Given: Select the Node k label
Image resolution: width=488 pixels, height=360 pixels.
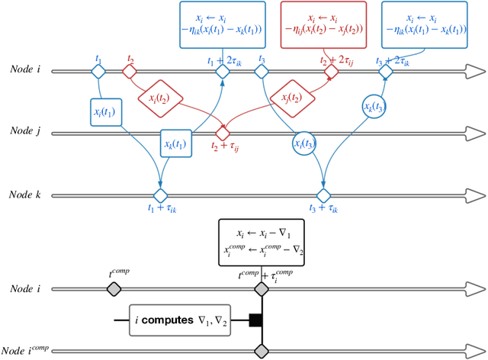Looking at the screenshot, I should point(27,196).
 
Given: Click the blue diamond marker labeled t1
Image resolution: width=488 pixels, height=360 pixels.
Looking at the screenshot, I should point(98,71).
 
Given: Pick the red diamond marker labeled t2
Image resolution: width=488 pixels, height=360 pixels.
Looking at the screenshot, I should point(130,71).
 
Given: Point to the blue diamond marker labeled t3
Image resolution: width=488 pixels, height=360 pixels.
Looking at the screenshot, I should point(261,71).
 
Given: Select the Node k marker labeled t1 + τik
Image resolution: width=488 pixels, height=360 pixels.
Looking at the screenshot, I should point(160,196).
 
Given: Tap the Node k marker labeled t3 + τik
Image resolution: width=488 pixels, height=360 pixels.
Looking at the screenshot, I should point(326,196).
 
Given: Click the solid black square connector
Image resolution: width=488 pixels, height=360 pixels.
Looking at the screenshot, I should point(255,320).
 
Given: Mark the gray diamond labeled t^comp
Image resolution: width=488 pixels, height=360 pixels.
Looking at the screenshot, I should point(114,289).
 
